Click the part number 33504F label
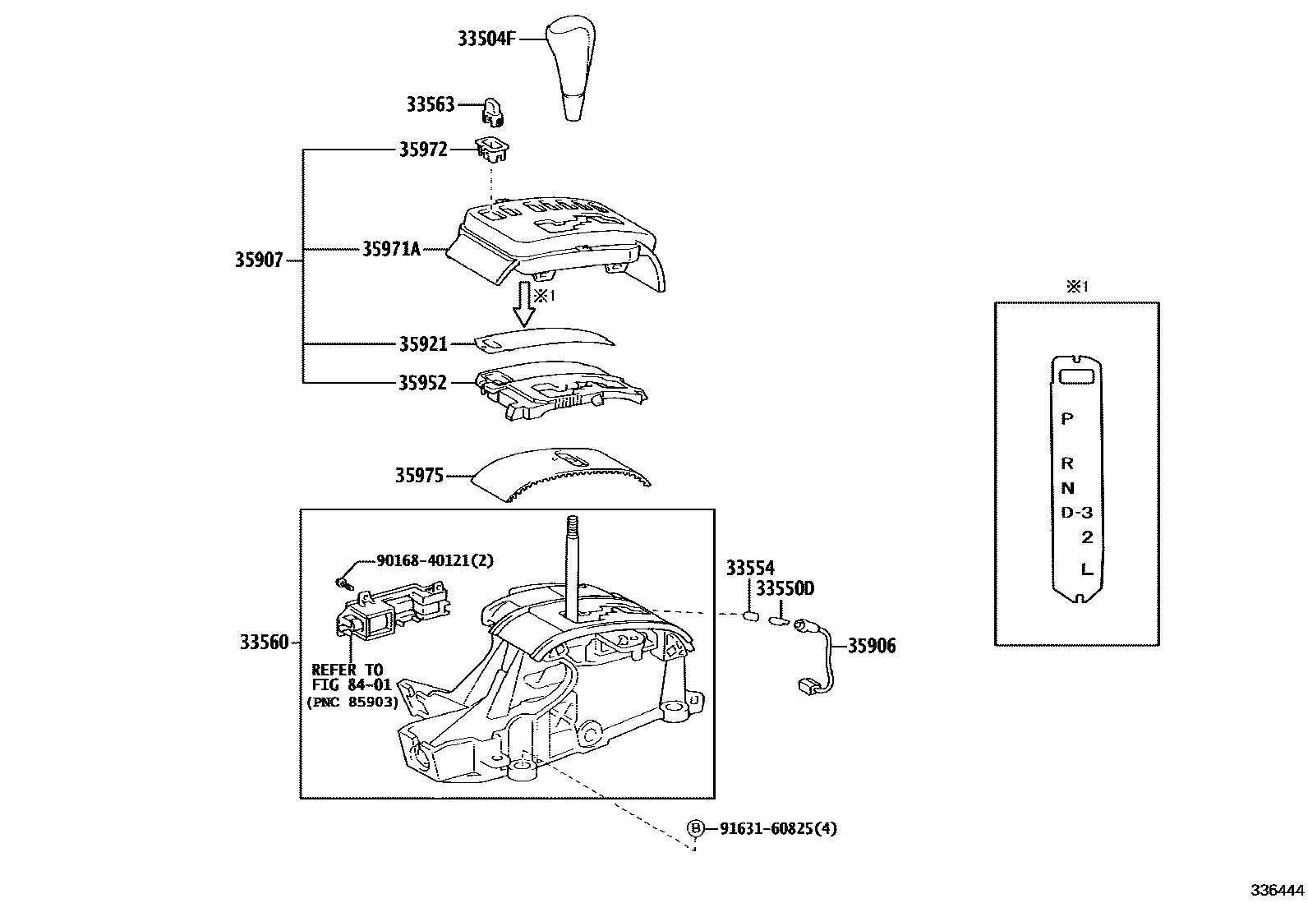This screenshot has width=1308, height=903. click(x=486, y=38)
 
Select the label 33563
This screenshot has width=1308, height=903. click(x=430, y=104)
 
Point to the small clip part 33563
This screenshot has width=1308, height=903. click(x=493, y=111)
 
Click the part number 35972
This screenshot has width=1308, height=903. click(x=423, y=150)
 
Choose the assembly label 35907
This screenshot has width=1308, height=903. click(x=259, y=260)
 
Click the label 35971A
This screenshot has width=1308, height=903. click(x=391, y=249)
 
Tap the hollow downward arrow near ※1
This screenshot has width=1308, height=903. click(x=523, y=306)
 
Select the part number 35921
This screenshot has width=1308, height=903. click(x=423, y=343)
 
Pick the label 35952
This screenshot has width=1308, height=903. click(x=423, y=382)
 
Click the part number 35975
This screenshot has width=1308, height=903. click(x=419, y=475)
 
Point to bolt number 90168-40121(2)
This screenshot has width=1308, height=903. click(x=435, y=560)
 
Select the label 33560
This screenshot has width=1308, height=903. click(x=264, y=642)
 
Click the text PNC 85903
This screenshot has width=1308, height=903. click(x=352, y=703)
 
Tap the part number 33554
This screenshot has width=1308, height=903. click(x=750, y=568)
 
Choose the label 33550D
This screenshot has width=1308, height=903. click(x=785, y=588)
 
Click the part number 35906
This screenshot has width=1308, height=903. click(x=872, y=646)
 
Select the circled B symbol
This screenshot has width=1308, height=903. click(x=696, y=828)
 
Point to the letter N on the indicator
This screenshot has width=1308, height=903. click(x=1067, y=488)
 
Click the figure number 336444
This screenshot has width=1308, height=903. click(x=1278, y=891)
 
